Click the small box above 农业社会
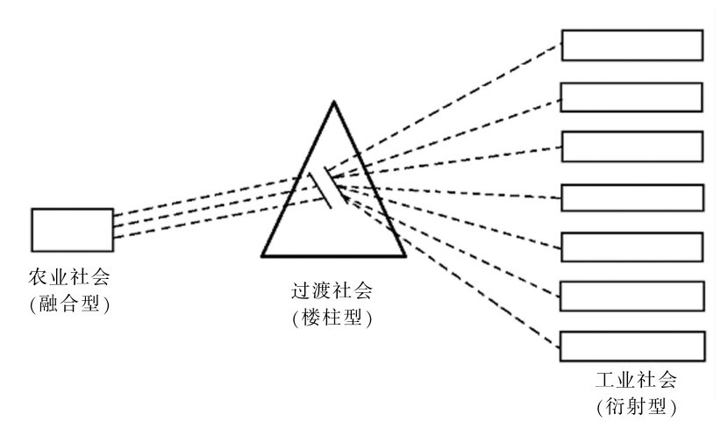(72, 229)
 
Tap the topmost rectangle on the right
(632, 46)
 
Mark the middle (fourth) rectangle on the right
(632, 197)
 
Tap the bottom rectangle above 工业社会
(632, 346)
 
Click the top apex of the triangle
(333, 104)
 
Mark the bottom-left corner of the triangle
(262, 255)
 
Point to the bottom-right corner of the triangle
(405, 255)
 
